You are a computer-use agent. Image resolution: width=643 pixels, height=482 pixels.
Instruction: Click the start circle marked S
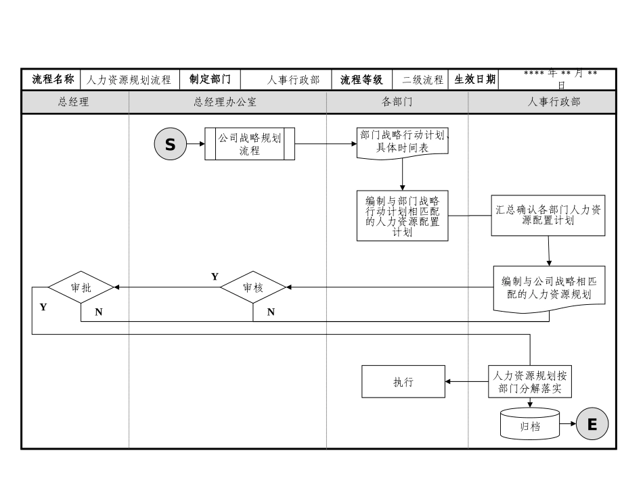(171, 144)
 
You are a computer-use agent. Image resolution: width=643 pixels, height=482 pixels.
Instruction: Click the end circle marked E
(592, 425)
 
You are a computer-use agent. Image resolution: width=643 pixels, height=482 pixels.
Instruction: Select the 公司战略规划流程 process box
(250, 144)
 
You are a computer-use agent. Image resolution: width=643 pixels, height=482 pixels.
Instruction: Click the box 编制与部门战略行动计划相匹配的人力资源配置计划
(403, 216)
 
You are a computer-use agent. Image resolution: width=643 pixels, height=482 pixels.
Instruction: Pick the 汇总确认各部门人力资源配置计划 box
(548, 216)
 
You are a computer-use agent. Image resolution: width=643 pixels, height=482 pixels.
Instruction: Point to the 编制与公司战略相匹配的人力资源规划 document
(548, 287)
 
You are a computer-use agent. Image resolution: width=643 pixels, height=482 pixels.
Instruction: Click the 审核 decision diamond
(253, 287)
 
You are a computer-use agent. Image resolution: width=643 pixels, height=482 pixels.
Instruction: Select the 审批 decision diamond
(81, 287)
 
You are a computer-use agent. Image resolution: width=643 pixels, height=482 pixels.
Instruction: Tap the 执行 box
(403, 382)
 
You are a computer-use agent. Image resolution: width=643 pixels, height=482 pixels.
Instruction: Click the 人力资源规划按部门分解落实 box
(530, 382)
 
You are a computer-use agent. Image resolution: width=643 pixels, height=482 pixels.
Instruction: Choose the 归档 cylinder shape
(530, 425)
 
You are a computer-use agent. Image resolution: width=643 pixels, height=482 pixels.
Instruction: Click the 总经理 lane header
(74, 102)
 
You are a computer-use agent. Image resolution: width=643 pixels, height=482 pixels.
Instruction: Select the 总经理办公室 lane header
(227, 102)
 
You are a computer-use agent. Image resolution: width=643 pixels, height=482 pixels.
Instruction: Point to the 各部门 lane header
(397, 102)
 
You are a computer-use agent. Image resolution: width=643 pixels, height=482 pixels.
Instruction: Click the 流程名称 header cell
(52, 79)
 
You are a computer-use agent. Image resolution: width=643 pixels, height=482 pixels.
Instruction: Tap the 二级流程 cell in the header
(422, 80)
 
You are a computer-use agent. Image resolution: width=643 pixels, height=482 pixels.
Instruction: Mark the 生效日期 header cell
(474, 79)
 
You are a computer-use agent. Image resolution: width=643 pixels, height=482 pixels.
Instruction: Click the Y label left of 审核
(215, 276)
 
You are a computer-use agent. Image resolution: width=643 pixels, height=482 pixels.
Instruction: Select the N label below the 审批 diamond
(99, 312)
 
